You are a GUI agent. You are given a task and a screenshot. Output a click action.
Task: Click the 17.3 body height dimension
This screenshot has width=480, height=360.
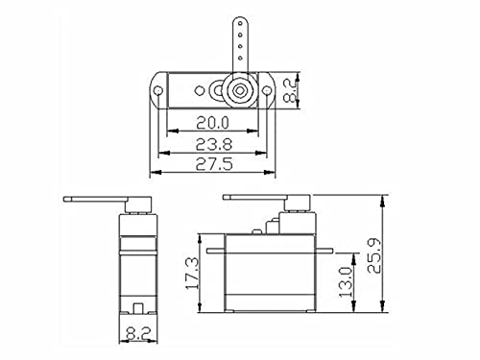(x=192, y=274)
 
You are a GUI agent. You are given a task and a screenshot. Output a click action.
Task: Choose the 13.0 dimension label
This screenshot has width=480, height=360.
(x=356, y=282)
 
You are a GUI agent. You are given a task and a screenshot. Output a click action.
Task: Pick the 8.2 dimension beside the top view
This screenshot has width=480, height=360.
(x=302, y=91)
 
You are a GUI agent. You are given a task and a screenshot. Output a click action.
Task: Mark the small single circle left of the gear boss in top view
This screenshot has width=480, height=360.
(x=201, y=91)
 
